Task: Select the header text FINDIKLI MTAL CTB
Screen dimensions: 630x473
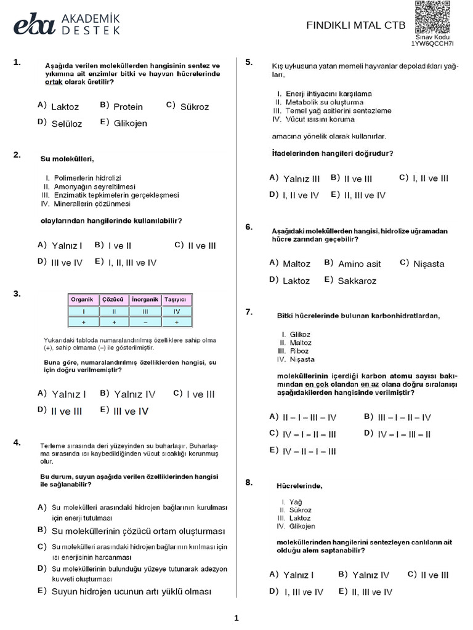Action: coord(356,25)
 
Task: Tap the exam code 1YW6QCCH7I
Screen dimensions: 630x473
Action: coord(432,44)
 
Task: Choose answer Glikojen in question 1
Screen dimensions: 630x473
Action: coord(131,123)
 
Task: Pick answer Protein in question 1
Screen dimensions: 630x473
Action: coord(128,106)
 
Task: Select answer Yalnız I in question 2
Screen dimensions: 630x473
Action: coord(67,245)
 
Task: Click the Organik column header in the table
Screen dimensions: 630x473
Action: coord(82,300)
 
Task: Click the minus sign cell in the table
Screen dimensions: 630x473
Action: coord(145,322)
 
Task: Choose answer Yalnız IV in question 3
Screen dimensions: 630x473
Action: coord(135,394)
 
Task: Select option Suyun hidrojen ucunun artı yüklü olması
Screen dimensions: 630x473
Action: coord(131,591)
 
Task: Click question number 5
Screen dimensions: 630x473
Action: coord(249,62)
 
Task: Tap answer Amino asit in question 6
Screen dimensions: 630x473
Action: coord(360,264)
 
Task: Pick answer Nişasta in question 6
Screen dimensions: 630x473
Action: coord(429,264)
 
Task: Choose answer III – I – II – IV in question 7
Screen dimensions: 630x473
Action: coord(404,417)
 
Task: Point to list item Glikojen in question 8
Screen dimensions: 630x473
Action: coord(302,526)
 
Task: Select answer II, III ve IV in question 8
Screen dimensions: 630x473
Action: coord(371,592)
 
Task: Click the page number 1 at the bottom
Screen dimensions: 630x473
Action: coord(236,618)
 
